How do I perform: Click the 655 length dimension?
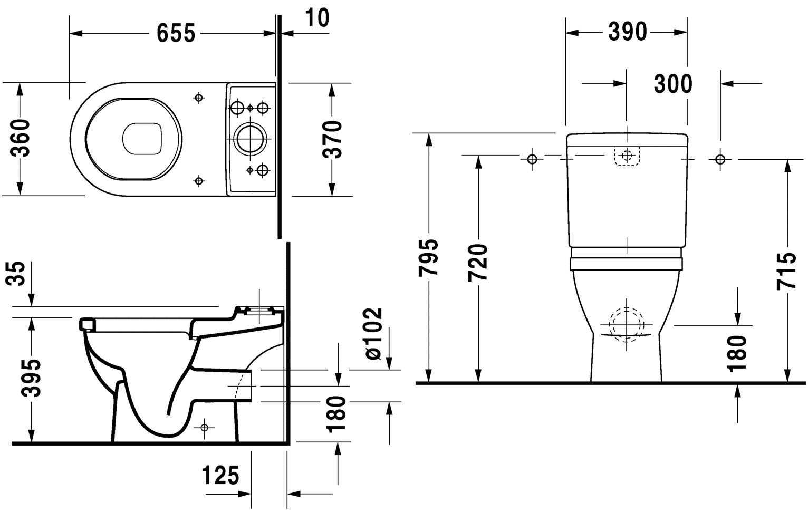(176, 34)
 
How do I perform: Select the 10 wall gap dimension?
(317, 18)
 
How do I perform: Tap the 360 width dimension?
(21, 138)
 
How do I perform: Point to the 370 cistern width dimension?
(332, 139)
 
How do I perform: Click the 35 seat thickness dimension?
(19, 274)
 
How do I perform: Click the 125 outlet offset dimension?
(221, 476)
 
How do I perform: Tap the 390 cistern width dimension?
(627, 32)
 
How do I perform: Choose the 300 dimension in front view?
(673, 84)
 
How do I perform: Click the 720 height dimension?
(479, 262)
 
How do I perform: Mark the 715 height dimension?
(787, 271)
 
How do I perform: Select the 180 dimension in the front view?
(737, 353)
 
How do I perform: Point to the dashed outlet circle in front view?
(626, 323)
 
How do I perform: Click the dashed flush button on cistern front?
(627, 156)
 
